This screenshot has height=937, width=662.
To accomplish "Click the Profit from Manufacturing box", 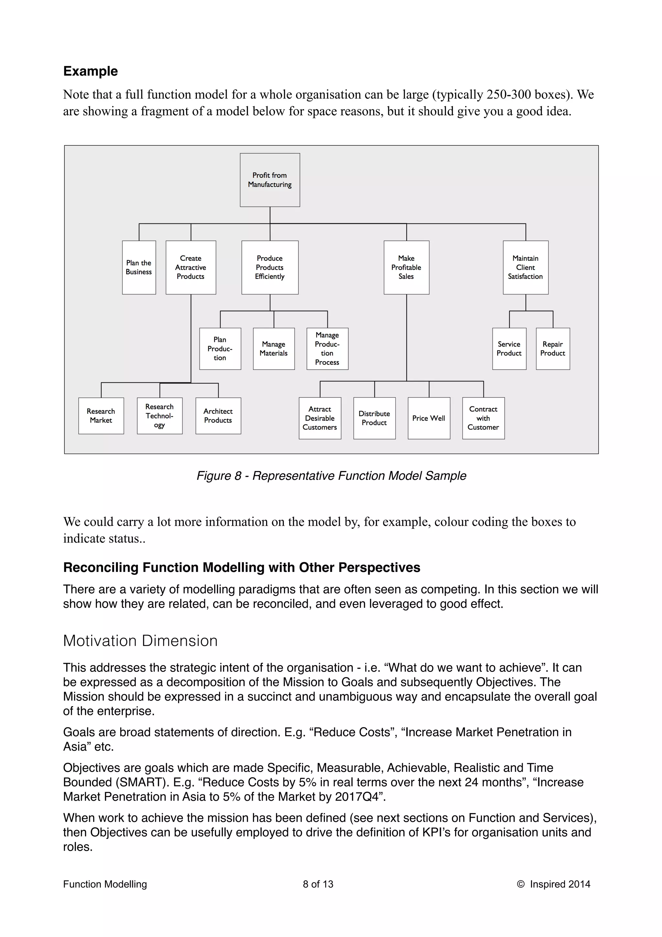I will [x=270, y=180].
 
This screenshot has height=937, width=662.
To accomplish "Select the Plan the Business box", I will [x=139, y=267].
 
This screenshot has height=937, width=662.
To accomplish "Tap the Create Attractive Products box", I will [x=190, y=267].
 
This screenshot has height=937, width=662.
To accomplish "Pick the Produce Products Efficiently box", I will [x=270, y=267].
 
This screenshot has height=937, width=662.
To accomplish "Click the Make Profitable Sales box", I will [x=406, y=267].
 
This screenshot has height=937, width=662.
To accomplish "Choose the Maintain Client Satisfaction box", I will [x=525, y=267].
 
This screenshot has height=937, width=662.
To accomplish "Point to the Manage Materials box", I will [x=274, y=349].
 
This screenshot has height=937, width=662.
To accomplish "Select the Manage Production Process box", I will [x=327, y=349].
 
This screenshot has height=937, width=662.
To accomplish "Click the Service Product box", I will [x=509, y=349].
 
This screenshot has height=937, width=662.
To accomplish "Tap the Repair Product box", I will [x=553, y=349].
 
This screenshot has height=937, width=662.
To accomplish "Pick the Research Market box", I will [x=101, y=415].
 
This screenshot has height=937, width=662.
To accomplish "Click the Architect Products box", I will [x=218, y=415].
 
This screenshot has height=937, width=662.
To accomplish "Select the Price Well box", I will [x=429, y=418].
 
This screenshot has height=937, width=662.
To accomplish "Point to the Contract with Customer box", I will [x=483, y=418].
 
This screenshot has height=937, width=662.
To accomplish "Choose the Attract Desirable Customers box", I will [x=320, y=418].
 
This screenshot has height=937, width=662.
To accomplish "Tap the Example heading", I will [x=91, y=71].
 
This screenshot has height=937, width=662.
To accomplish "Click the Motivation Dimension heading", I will [x=140, y=641].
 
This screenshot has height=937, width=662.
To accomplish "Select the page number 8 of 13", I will [x=318, y=884].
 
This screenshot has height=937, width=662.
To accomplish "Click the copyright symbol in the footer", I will [x=520, y=884].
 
